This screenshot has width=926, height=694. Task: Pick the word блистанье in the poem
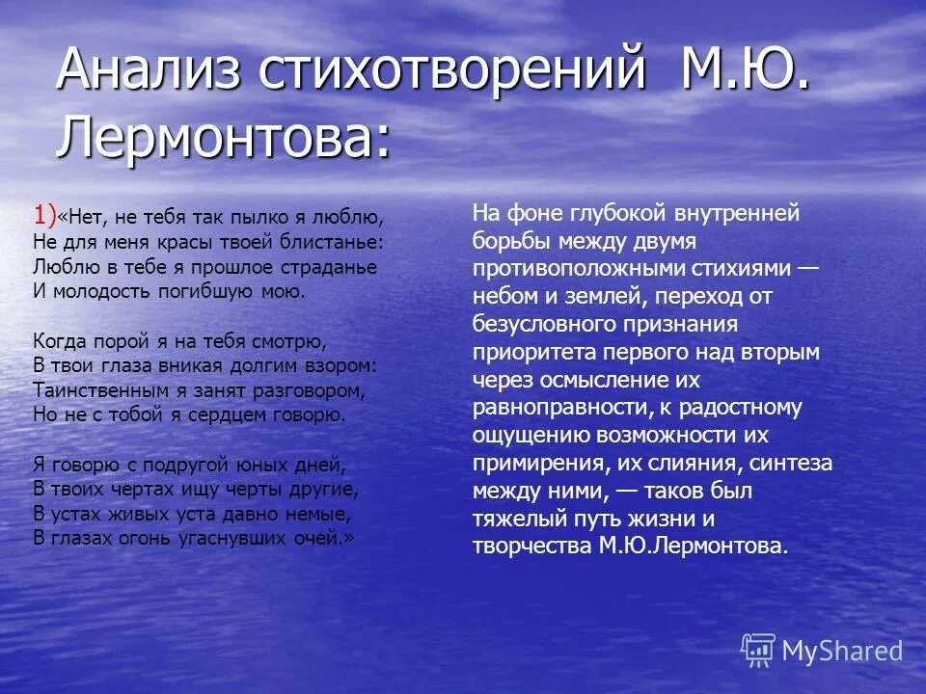(331, 241)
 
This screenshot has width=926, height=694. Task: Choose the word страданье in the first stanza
(328, 266)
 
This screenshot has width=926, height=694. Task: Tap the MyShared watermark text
(842, 651)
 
